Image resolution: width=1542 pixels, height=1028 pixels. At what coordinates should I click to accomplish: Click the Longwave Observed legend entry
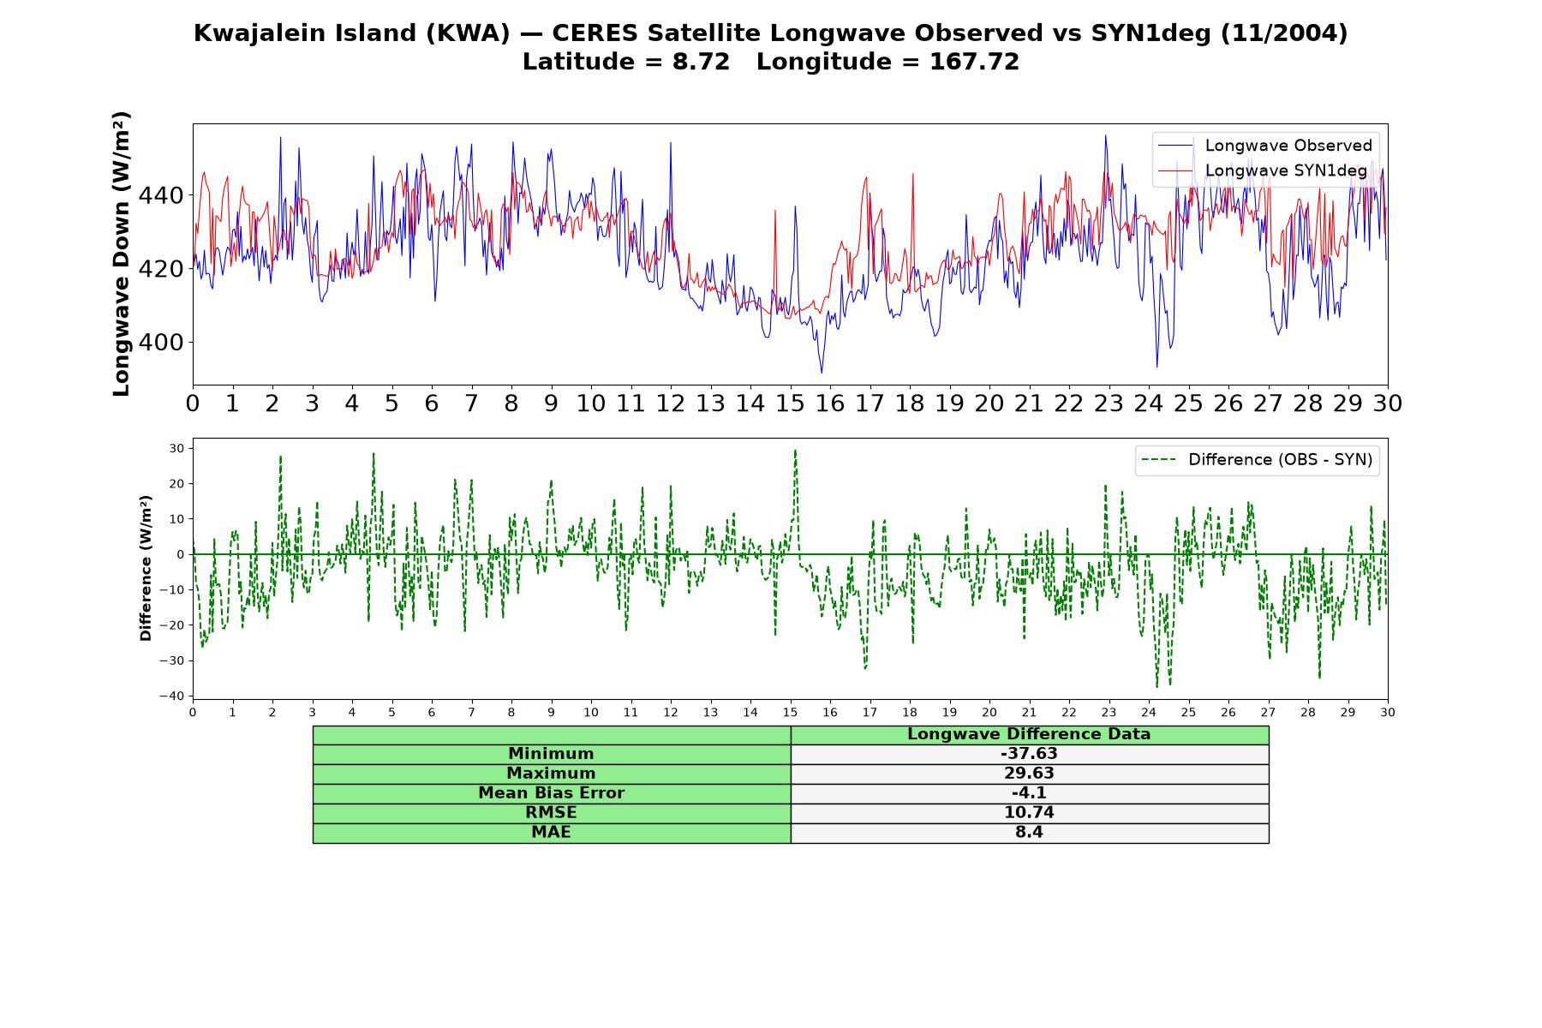point(1264,146)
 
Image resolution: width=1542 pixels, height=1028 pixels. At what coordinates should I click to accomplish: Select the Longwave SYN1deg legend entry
point(1263,170)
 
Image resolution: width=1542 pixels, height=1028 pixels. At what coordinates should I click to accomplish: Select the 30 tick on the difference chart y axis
point(177,448)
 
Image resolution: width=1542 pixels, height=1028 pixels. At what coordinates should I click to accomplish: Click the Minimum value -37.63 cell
point(1029,754)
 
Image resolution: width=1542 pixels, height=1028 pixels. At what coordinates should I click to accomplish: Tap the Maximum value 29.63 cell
point(1029,774)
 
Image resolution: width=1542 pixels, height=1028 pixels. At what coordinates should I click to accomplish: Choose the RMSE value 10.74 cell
point(1029,813)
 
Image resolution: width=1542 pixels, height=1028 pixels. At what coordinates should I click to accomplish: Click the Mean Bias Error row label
point(551,793)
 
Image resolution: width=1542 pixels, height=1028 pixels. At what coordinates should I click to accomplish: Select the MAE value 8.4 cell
point(1029,833)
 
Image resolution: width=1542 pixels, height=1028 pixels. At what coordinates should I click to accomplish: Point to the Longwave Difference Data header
point(1029,734)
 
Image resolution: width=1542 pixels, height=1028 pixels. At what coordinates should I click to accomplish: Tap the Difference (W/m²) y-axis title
point(146,568)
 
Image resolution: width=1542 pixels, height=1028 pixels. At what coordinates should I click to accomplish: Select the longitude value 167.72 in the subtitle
point(974,62)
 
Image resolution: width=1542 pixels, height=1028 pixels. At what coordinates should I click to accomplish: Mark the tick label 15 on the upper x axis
point(790,403)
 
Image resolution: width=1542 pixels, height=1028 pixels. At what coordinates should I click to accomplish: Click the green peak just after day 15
point(795,451)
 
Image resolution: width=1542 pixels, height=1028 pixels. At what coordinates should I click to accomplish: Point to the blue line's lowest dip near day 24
point(1156,367)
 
